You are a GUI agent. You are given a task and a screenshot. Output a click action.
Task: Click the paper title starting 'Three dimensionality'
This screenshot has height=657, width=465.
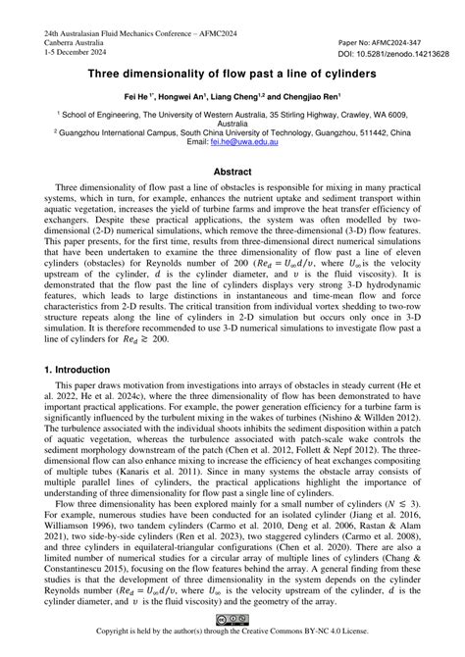(x=232, y=75)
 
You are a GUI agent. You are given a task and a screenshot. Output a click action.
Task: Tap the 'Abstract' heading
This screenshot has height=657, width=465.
(x=232, y=172)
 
